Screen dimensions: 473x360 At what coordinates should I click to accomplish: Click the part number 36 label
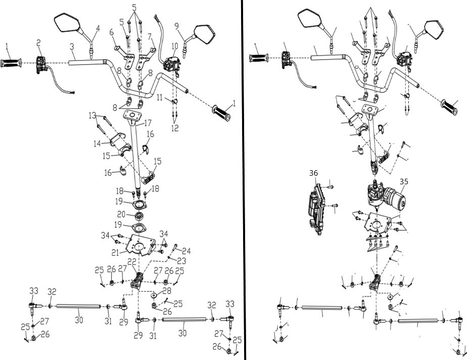tap(313, 173)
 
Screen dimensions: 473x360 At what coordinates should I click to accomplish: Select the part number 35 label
tap(404, 181)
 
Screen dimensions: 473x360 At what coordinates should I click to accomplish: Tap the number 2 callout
tap(38, 43)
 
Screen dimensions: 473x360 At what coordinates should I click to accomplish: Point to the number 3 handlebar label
tap(72, 47)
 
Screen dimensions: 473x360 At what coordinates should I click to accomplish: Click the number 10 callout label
tap(175, 46)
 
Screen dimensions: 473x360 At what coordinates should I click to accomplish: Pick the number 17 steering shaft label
tap(148, 123)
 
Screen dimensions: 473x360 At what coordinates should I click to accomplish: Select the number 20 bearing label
tap(121, 214)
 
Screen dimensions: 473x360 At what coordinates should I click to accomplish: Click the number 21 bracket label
tap(115, 252)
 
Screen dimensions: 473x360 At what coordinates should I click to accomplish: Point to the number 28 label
tap(167, 291)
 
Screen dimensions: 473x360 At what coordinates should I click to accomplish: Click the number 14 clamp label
tap(97, 143)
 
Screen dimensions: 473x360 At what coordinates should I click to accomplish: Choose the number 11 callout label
tap(160, 97)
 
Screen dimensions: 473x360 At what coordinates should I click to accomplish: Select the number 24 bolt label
tap(186, 251)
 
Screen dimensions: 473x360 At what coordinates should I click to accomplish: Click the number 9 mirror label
tap(177, 26)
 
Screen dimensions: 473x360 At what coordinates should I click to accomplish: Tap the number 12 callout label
tap(175, 128)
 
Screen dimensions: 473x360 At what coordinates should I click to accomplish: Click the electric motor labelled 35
tap(387, 196)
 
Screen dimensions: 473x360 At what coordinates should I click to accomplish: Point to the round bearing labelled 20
tap(139, 216)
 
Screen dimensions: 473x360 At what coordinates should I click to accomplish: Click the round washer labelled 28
tap(154, 294)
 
